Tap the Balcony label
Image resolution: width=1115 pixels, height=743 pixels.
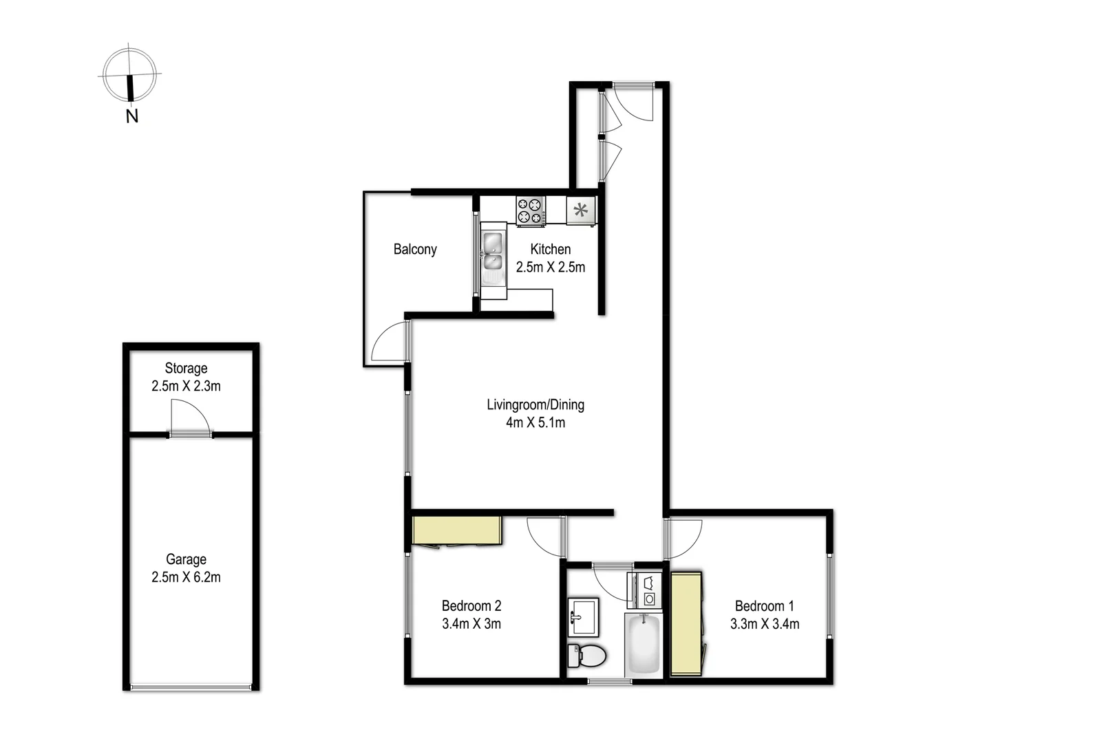415,249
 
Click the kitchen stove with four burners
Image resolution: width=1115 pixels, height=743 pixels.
531,211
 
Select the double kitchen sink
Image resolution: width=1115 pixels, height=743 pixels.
493,252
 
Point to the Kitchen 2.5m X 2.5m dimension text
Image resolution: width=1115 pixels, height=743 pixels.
551,268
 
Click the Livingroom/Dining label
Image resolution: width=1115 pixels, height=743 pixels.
535,405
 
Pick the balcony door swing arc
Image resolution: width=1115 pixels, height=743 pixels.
389,342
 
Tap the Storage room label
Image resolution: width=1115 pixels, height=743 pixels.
186,368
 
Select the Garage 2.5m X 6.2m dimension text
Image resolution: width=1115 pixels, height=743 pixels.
186,577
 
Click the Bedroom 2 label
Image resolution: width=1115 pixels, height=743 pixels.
471,606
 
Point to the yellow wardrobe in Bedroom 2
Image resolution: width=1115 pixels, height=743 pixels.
456,530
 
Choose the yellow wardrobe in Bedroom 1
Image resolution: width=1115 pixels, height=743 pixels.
686,623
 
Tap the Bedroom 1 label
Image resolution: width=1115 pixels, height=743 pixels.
764,606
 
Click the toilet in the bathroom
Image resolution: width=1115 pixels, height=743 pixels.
586,656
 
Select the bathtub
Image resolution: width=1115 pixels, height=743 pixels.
644,645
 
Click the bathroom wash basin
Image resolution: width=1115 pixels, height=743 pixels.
583,616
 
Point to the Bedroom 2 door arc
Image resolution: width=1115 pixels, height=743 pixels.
544,536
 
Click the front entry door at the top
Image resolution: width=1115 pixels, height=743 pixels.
634,102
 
